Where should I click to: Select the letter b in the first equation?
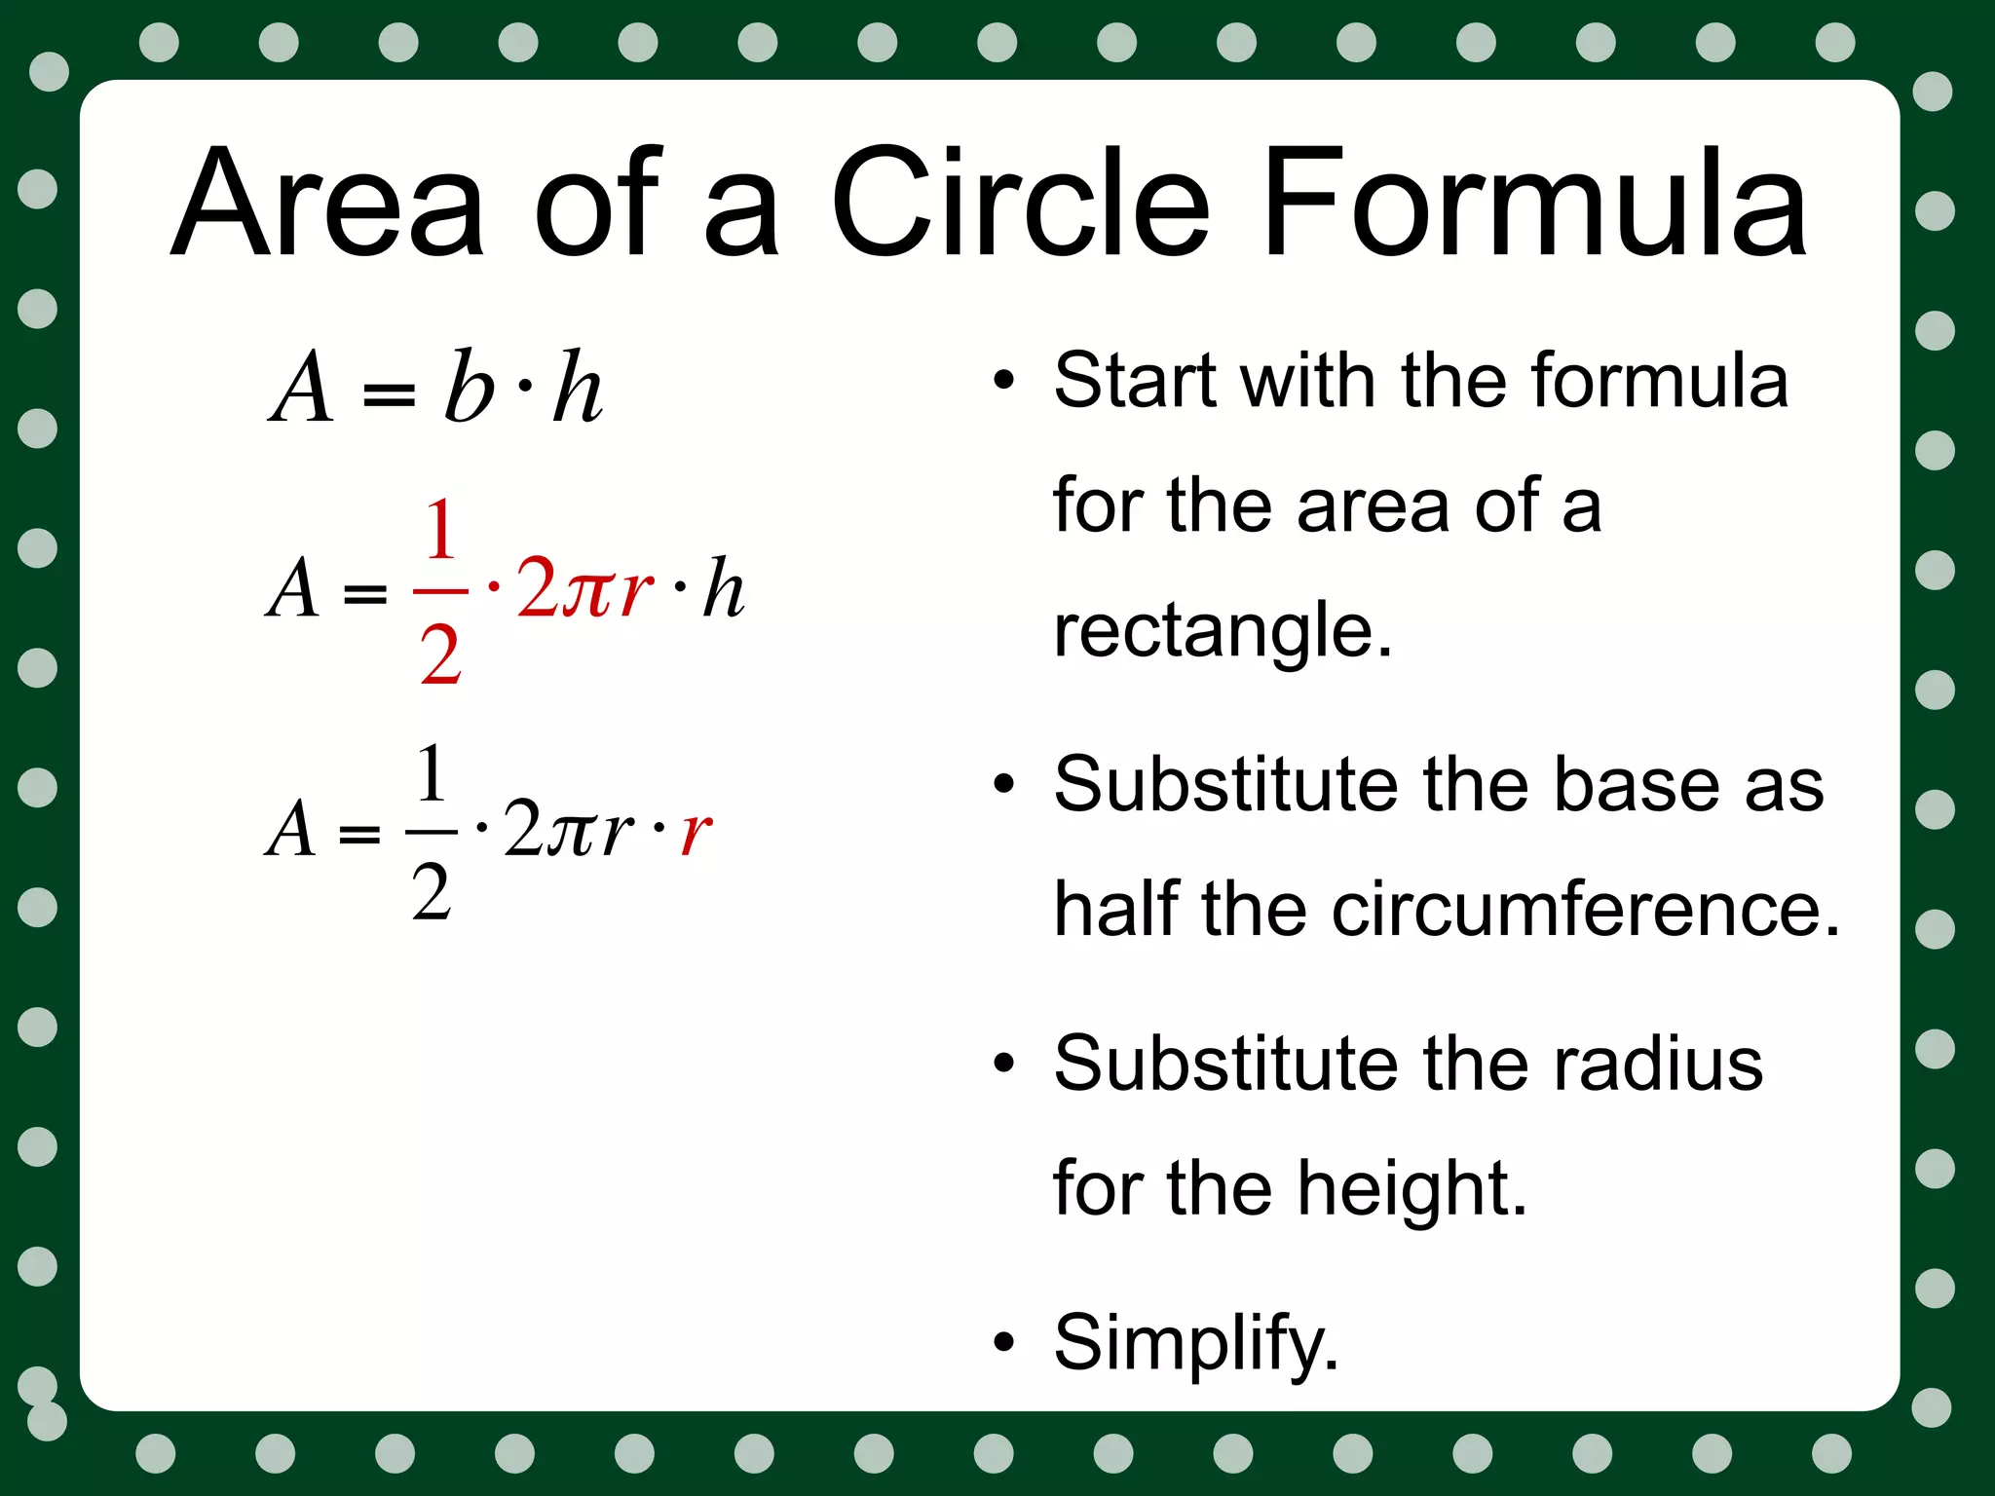pos(470,387)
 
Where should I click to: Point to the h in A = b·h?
pos(577,387)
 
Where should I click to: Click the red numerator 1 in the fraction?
pos(440,531)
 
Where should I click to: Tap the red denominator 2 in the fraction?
pos(440,655)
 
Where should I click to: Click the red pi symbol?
pos(589,590)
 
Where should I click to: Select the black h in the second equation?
pos(723,588)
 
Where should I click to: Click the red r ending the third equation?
pos(696,832)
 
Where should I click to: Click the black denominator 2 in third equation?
pos(432,891)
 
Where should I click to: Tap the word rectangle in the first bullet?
pos(1223,631)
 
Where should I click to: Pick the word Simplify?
pos(1196,1343)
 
